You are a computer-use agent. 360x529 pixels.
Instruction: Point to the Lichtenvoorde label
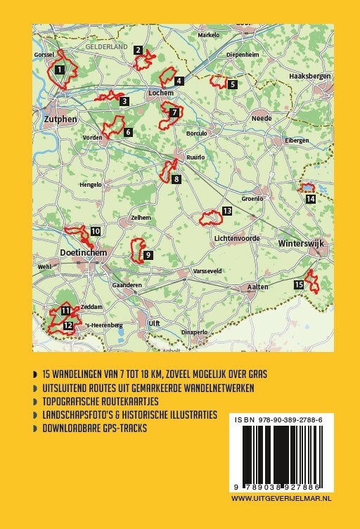pos(238,239)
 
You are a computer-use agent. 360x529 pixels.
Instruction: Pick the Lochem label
pos(160,92)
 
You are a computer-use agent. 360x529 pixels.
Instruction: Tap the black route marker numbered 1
pos(60,69)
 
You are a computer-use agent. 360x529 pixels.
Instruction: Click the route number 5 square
pos(232,84)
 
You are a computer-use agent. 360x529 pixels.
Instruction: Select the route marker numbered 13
pos(226,211)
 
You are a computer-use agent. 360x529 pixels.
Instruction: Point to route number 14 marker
pos(310,199)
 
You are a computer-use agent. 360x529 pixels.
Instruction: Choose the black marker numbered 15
pos(299,284)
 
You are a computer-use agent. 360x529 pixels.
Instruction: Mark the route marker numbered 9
pos(148,255)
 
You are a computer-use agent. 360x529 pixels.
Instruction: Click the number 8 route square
pos(176,179)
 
